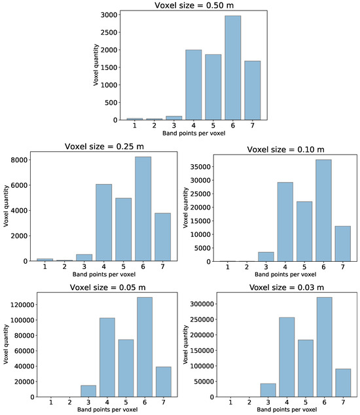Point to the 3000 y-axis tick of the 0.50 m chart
pyautogui.click(x=106, y=14)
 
